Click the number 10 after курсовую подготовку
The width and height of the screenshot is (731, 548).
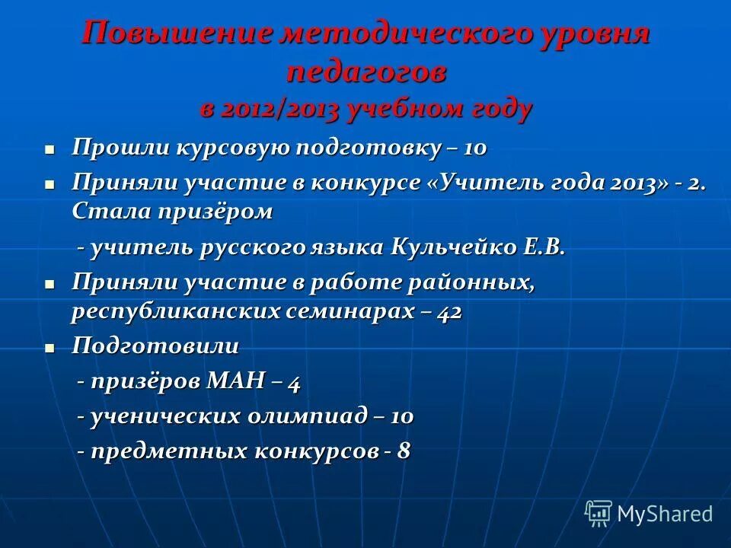point(474,148)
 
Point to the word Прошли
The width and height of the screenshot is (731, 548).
point(121,148)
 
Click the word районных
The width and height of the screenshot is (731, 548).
point(473,283)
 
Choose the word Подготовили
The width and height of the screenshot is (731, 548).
point(155,346)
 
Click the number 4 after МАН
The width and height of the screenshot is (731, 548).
point(293,381)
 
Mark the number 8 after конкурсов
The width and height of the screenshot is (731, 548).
point(403,451)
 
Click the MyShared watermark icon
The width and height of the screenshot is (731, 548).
point(599,513)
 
